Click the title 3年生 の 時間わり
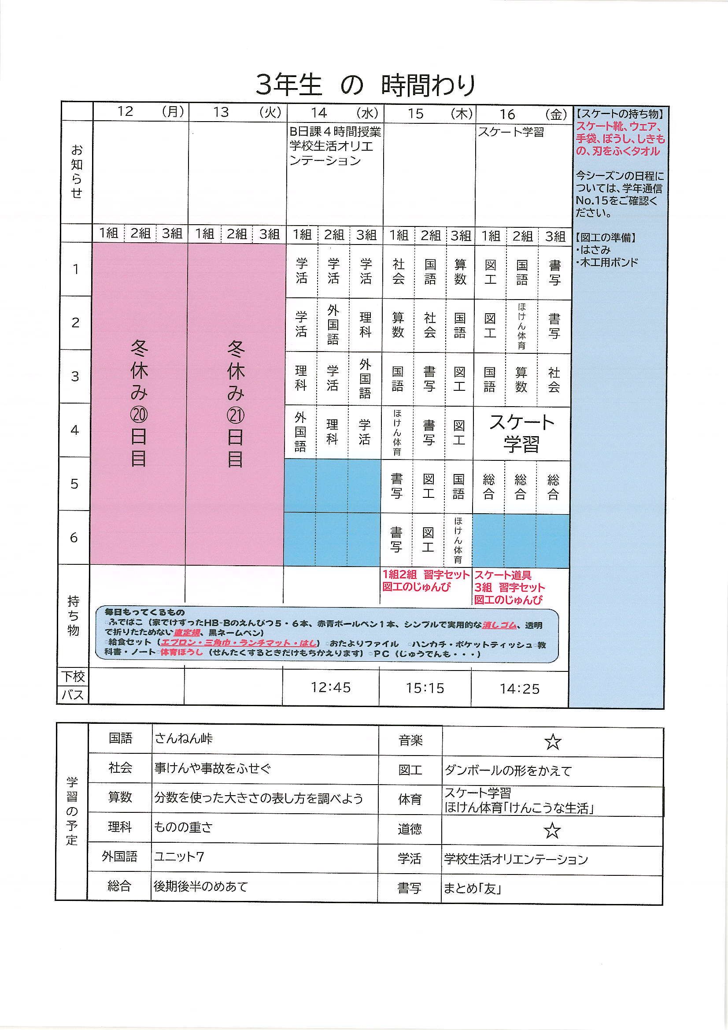pyautogui.click(x=365, y=85)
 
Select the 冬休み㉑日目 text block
pyautogui.click(x=236, y=403)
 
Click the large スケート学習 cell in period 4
pyautogui.click(x=521, y=433)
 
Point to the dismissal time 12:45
pyautogui.click(x=331, y=687)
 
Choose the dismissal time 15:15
pyautogui.click(x=425, y=688)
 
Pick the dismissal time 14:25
pyautogui.click(x=519, y=689)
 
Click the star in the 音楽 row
pyautogui.click(x=553, y=742)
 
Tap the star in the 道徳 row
pyautogui.click(x=552, y=831)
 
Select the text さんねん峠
pyautogui.click(x=184, y=739)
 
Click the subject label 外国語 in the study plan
pyautogui.click(x=119, y=856)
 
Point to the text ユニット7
pyautogui.click(x=179, y=857)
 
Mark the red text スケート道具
pyautogui.click(x=503, y=575)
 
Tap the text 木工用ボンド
pyautogui.click(x=609, y=263)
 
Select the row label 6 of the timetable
pyautogui.click(x=74, y=537)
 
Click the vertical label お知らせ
pyautogui.click(x=77, y=171)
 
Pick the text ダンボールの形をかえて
pyautogui.click(x=508, y=771)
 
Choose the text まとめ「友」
pyautogui.click(x=472, y=889)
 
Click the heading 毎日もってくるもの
pyautogui.click(x=144, y=612)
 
